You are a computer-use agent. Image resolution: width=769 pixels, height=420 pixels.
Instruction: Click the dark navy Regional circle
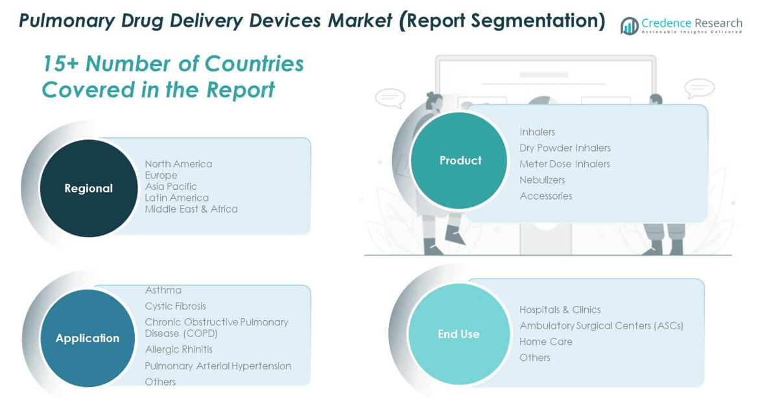click(89, 188)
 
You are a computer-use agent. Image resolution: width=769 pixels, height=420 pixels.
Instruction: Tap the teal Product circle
click(459, 160)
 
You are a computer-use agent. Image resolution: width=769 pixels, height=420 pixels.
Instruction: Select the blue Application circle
click(88, 338)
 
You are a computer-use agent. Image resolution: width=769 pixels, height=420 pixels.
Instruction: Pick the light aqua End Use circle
click(458, 334)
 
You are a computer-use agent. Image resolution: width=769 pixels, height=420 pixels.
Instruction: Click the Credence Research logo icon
click(629, 25)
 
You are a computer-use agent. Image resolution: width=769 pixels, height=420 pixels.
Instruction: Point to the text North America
click(178, 164)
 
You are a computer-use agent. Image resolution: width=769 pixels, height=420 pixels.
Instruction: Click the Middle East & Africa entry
click(191, 209)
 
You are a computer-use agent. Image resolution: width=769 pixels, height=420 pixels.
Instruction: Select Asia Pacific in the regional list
click(171, 186)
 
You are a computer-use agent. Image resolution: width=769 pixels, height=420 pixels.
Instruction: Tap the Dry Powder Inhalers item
click(565, 148)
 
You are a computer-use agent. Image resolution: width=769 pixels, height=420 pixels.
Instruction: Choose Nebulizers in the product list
click(542, 180)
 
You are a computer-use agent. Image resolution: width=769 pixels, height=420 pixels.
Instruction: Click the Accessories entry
click(546, 196)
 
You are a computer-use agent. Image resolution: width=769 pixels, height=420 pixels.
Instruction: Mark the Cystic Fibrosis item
click(175, 307)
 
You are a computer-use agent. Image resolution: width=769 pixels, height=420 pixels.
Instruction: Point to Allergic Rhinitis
click(178, 349)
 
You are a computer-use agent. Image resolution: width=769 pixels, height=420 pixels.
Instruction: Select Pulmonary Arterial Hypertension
click(218, 366)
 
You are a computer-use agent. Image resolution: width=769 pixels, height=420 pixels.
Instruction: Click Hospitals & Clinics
click(560, 310)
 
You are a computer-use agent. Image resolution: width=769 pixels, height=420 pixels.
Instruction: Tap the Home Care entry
click(546, 342)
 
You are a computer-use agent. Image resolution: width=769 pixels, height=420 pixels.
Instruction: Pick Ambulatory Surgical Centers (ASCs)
click(601, 325)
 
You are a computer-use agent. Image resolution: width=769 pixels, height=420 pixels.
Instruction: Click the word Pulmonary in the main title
click(67, 21)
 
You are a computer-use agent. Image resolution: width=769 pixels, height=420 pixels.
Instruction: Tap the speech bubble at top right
click(699, 89)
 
